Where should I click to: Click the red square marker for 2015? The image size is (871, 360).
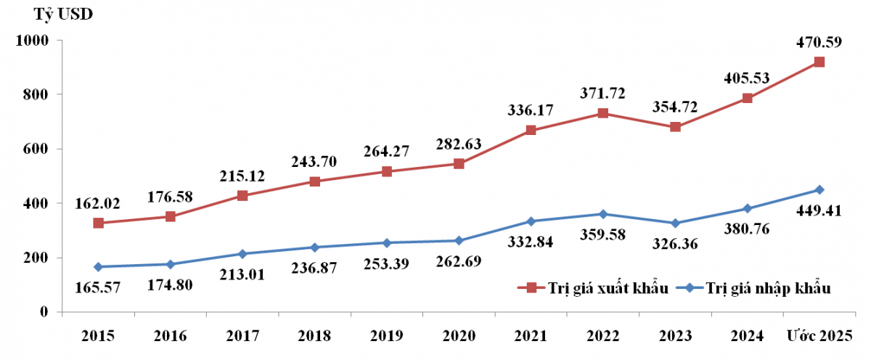pyautogui.click(x=98, y=223)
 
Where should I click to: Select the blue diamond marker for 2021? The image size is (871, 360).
pyautogui.click(x=531, y=221)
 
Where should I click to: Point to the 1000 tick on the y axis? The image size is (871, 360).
pyautogui.click(x=31, y=41)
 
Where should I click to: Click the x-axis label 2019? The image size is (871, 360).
pyautogui.click(x=386, y=336)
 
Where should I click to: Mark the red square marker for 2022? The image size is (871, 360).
pyautogui.click(x=602, y=113)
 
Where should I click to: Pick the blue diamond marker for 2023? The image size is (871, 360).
pyautogui.click(x=675, y=223)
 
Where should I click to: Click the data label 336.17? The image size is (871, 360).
pyautogui.click(x=531, y=110)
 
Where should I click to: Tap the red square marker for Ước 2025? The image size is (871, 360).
pyautogui.click(x=819, y=62)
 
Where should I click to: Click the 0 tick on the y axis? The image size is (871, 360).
pyautogui.click(x=44, y=312)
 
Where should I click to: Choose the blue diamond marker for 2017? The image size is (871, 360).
pyautogui.click(x=242, y=253)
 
